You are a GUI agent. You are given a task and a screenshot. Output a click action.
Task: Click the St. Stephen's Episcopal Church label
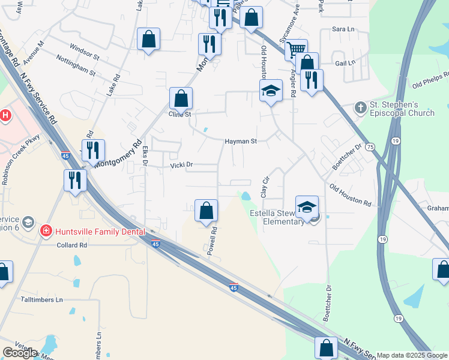(402, 109)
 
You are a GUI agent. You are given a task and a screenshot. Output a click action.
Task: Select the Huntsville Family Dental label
(100, 231)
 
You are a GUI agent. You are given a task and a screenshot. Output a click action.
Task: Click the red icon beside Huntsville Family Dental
(46, 230)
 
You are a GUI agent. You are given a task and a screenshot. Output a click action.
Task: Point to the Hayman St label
(241, 142)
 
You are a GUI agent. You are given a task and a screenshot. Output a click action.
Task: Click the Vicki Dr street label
(181, 164)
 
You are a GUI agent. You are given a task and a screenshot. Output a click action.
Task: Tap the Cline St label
(179, 114)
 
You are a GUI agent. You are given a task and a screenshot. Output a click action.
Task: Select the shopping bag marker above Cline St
(180, 98)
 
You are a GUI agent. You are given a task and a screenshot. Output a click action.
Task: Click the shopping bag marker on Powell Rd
(206, 211)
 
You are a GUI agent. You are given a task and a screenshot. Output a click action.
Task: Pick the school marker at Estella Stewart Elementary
(307, 207)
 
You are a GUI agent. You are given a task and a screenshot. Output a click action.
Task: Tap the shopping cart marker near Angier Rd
(296, 50)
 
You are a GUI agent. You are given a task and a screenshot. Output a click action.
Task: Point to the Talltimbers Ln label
(41, 299)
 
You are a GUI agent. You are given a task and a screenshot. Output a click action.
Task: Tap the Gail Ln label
(345, 62)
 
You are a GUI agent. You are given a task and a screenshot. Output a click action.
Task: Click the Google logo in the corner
(20, 353)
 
